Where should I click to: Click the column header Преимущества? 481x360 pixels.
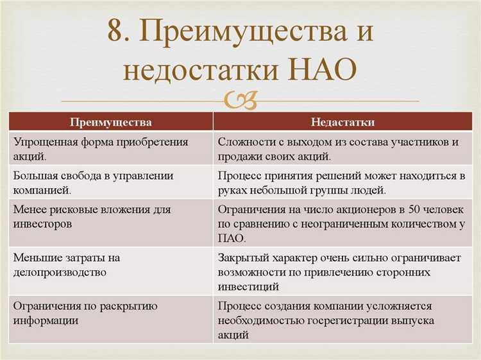111,122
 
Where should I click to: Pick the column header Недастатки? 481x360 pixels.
342,122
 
